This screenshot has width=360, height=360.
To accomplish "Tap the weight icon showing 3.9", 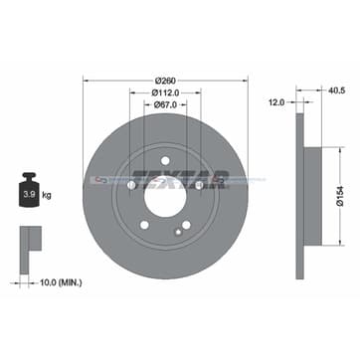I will pos(30,184).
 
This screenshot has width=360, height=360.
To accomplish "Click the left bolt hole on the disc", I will pos(131,184).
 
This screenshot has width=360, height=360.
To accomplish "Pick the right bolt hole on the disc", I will pos(199,184).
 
